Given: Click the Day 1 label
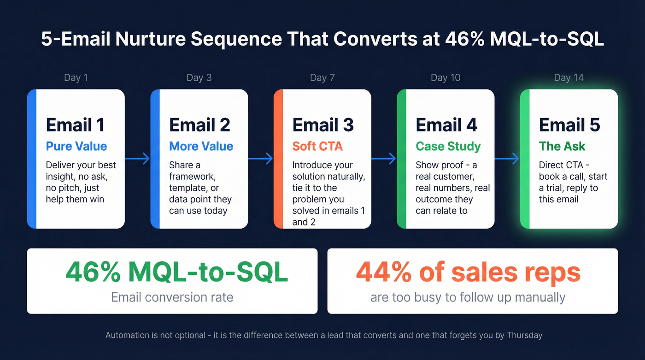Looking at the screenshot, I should tap(76, 77).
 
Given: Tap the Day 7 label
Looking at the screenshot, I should tap(322, 77).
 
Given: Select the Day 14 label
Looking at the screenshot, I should tap(569, 77).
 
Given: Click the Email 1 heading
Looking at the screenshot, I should tap(75, 125).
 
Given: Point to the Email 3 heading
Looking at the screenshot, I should tap(323, 125).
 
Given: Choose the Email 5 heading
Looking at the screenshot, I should tap(569, 125).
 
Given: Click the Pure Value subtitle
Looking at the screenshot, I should tap(76, 147).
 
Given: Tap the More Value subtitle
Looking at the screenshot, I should tap(201, 147).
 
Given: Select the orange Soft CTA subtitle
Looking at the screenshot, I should tap(317, 147).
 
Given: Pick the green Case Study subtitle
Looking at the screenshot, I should tap(448, 147).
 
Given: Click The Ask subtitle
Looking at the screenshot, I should tap(562, 147).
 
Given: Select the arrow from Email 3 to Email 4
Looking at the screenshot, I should tap(384, 159).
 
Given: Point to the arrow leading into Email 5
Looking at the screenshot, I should tap(507, 159).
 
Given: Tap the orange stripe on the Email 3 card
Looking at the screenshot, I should tap(278, 159).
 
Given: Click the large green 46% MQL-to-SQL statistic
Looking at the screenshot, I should tap(176, 272).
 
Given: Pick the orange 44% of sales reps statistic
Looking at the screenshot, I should tap(468, 272).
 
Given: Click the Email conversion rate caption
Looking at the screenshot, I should tap(172, 297).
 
